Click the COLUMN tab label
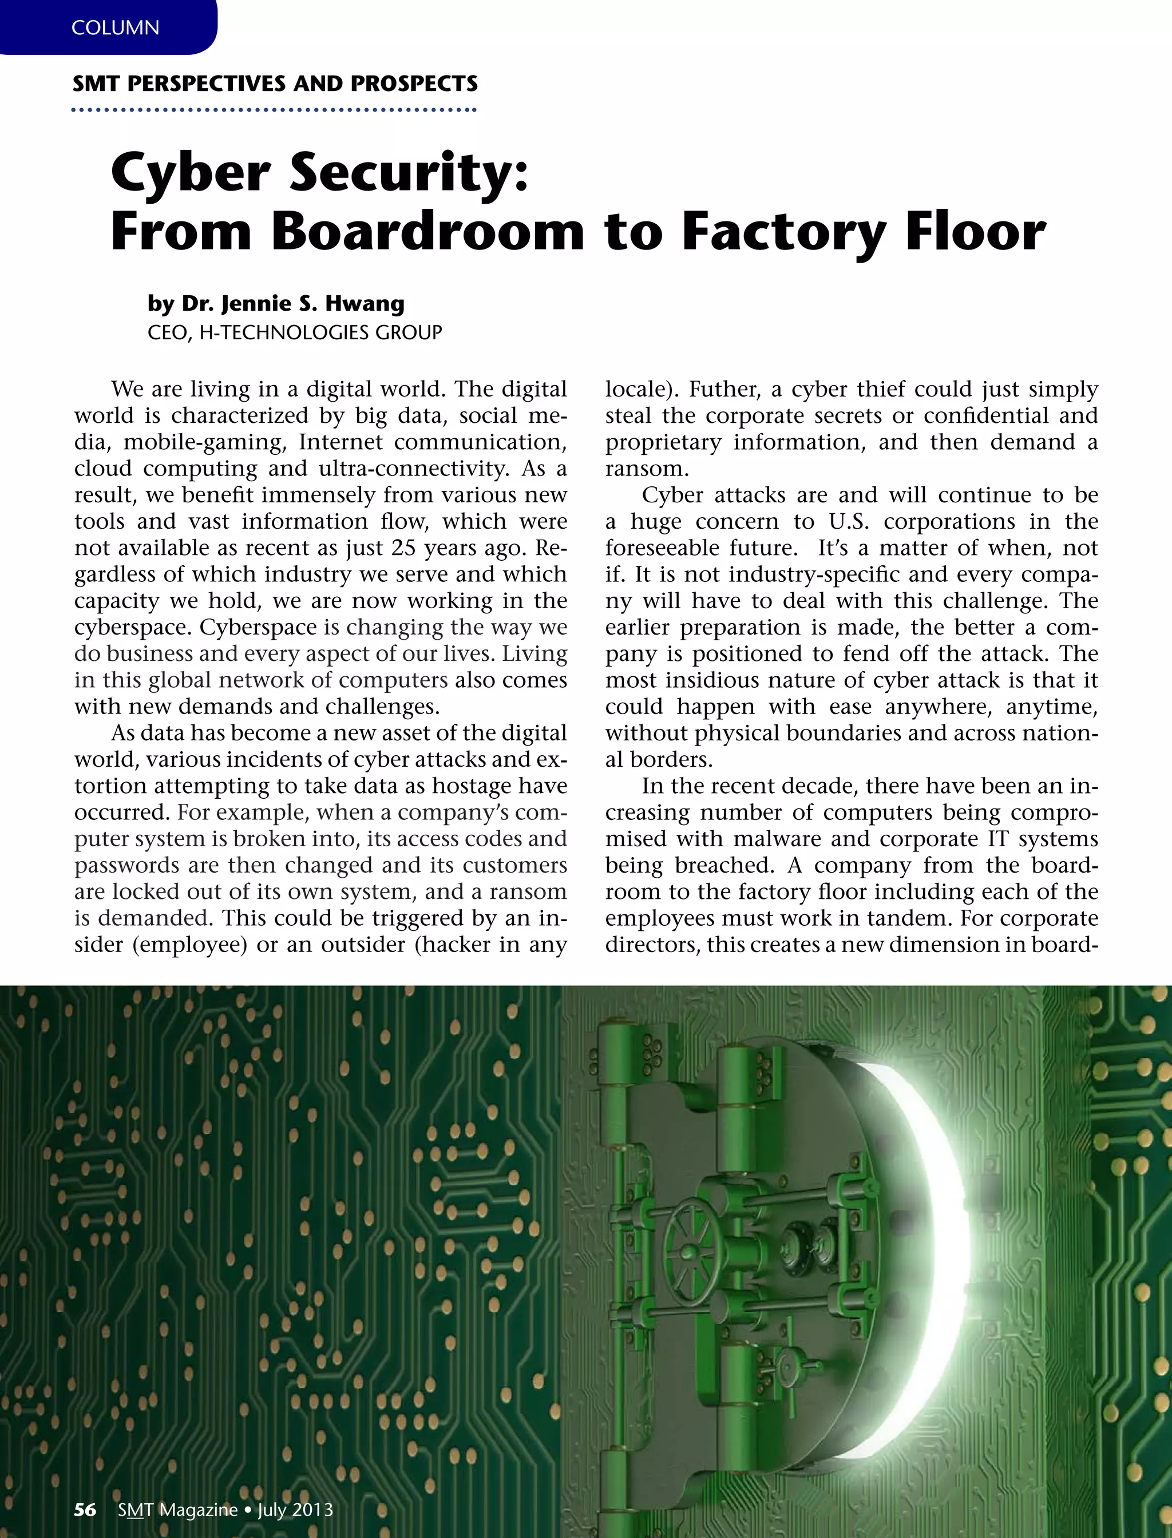point(115,28)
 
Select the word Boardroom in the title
point(427,232)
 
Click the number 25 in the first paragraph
point(403,548)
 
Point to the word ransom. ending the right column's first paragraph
point(647,469)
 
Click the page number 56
point(85,1510)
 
